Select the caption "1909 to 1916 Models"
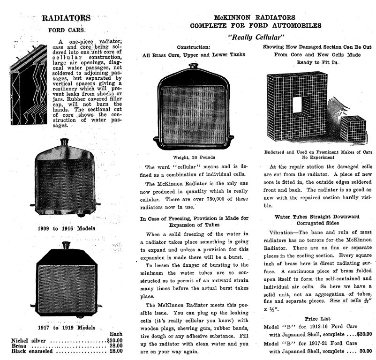pyautogui.click(x=66, y=228)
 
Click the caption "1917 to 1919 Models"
pyautogui.click(x=66, y=328)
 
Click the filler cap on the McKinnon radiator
pyautogui.click(x=193, y=67)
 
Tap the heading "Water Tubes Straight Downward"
pyautogui.click(x=317, y=216)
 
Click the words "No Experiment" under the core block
pyautogui.click(x=317, y=157)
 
